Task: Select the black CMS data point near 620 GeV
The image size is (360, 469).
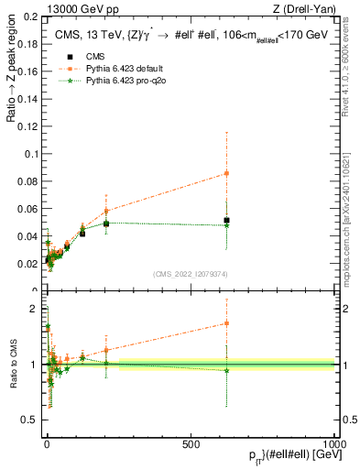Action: click(226, 221)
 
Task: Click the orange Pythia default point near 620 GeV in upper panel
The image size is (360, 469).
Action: click(226, 173)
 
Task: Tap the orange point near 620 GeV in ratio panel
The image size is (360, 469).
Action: click(226, 323)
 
